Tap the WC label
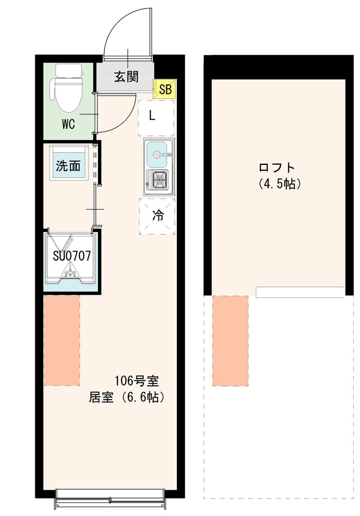click(68, 125)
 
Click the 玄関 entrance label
click(126, 77)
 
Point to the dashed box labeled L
click(156, 116)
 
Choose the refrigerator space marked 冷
click(157, 215)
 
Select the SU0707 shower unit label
click(72, 256)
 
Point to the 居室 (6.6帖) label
click(127, 397)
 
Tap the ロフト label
click(277, 168)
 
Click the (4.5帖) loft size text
click(279, 185)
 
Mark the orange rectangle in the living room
click(62, 340)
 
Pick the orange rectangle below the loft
click(230, 340)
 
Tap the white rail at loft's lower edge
click(300, 292)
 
